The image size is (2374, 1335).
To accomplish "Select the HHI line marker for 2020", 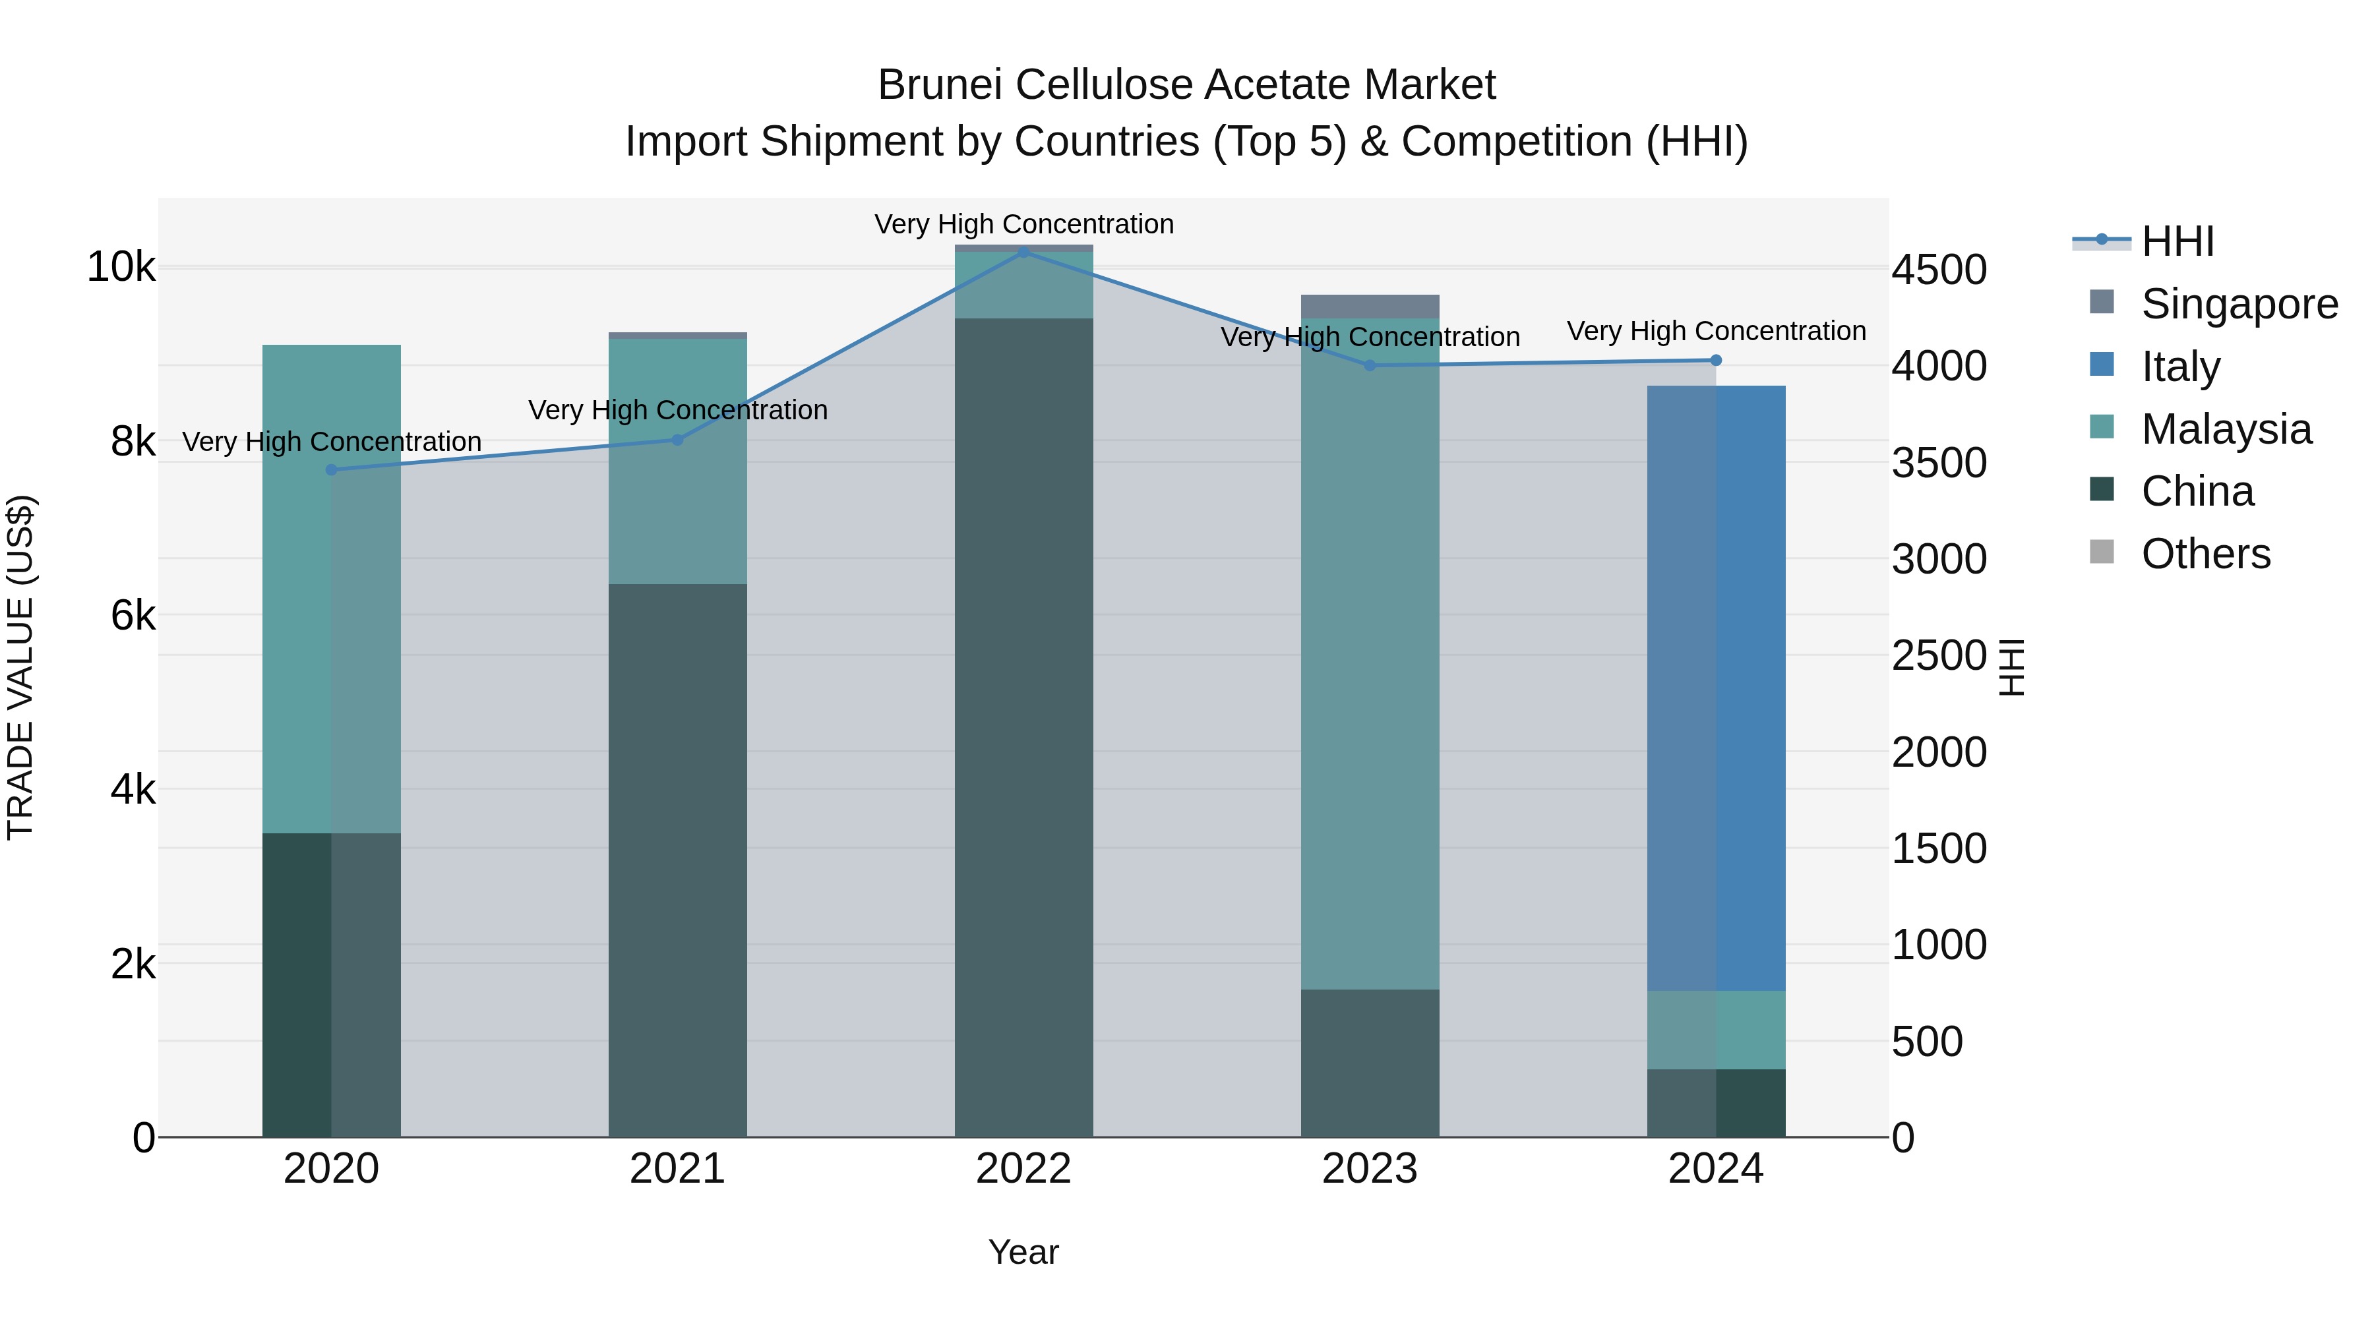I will (x=332, y=470).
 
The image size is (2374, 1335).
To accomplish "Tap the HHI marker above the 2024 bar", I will (x=1715, y=360).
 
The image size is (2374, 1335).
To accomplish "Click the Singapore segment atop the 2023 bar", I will (x=1370, y=307).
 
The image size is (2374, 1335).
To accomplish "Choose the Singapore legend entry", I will (x=2239, y=304).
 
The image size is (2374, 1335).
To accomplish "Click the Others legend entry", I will (x=2205, y=554).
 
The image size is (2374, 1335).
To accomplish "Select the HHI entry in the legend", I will (x=2177, y=241).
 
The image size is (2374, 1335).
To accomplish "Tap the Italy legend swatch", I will (x=2102, y=365).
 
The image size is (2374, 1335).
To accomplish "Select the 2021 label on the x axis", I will (x=677, y=1169).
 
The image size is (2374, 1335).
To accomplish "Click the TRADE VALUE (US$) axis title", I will (x=20, y=667).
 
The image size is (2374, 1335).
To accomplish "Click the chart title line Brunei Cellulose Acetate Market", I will (x=1186, y=85).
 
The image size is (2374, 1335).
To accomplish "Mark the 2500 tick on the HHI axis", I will (x=1939, y=656).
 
